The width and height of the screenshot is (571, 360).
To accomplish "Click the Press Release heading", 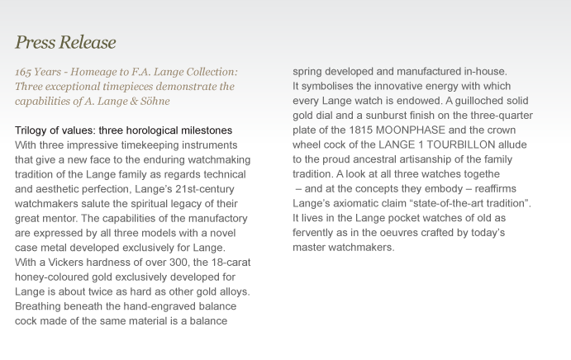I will [65, 42].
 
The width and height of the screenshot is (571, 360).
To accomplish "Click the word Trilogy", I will [33, 130].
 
